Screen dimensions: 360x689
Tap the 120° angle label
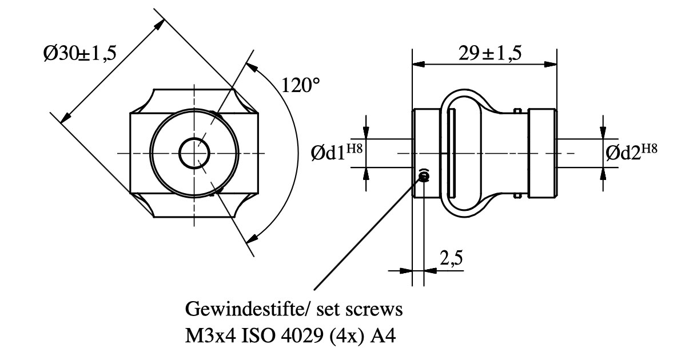301,86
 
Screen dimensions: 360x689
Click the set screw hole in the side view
424,176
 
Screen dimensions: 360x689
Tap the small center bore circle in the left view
194,153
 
